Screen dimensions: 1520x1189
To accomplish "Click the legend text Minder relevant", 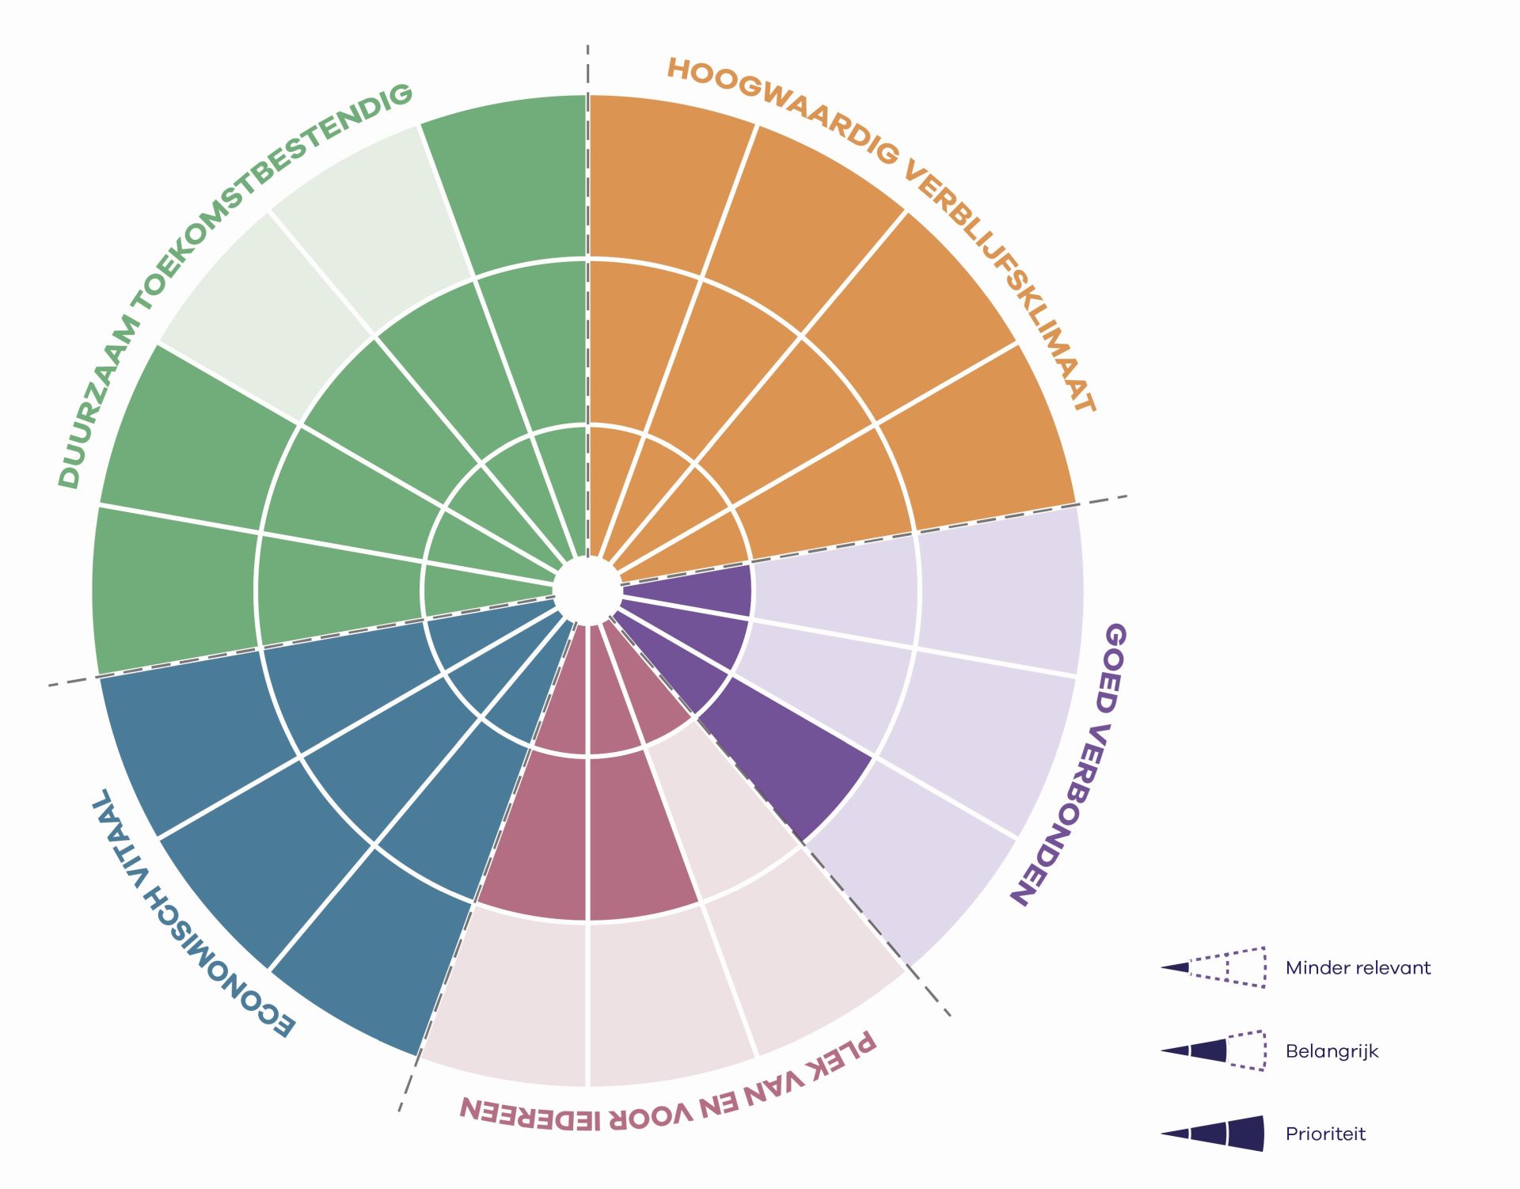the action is [1358, 967].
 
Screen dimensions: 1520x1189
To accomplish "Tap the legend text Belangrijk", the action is [1332, 1051].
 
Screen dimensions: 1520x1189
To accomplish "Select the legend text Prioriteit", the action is [1325, 1134].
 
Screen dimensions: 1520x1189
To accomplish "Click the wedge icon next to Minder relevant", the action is [1214, 967].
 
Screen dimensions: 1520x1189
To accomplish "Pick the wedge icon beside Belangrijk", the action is [1214, 1050].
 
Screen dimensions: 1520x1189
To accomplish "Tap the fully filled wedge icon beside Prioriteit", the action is [1214, 1134].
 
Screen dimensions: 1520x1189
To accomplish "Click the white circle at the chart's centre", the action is [587, 591].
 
